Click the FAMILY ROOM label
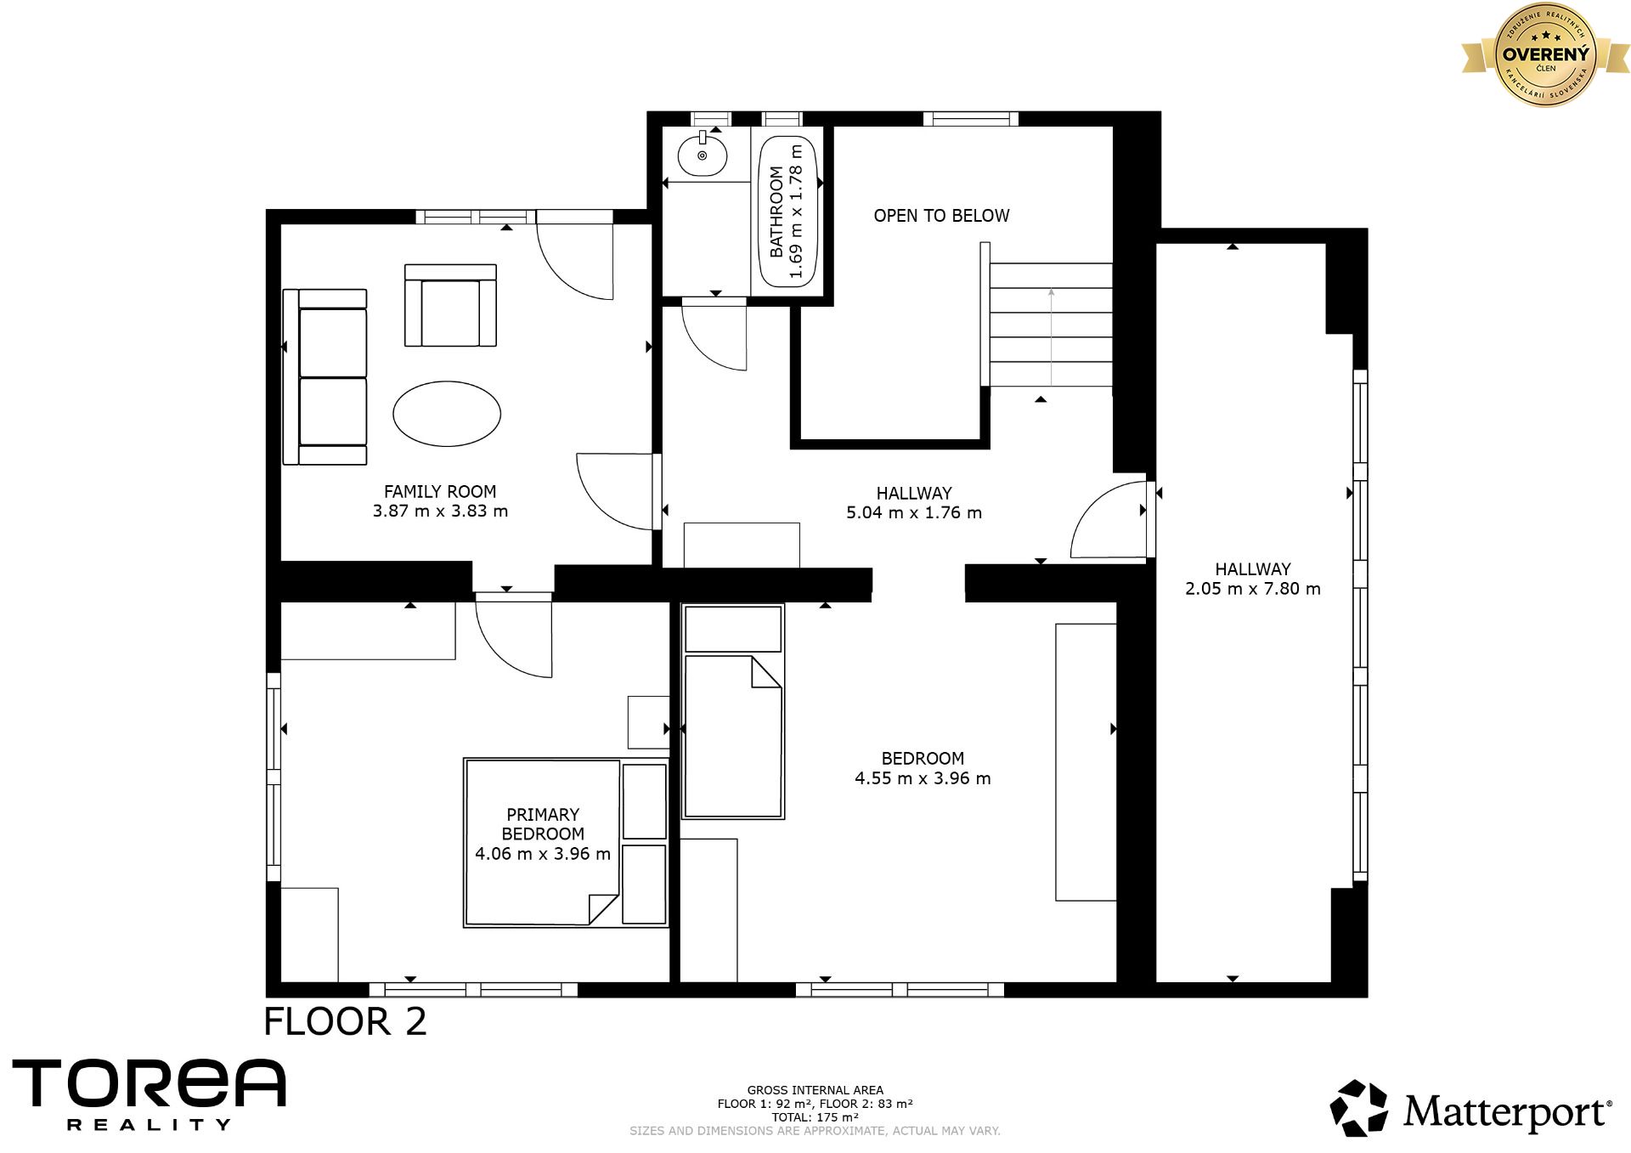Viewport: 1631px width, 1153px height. click(x=440, y=491)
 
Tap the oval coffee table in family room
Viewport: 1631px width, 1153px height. click(x=447, y=414)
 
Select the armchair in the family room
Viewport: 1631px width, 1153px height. click(x=450, y=305)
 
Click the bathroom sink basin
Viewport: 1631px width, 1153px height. click(x=703, y=155)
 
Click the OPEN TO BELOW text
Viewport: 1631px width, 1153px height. click(x=941, y=216)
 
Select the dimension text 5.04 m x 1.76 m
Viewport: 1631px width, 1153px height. click(x=914, y=512)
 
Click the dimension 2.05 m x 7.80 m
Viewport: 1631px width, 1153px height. click(x=1253, y=589)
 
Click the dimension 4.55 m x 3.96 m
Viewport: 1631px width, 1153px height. click(x=923, y=778)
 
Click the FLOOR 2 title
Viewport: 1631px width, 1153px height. click(x=346, y=1021)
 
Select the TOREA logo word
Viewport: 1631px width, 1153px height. click(x=149, y=1083)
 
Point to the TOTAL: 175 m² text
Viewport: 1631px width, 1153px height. click(x=815, y=1117)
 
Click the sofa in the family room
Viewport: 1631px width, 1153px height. click(x=325, y=377)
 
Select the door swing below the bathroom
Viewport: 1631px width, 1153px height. click(x=714, y=337)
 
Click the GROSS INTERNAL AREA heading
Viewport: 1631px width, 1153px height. click(x=815, y=1090)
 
